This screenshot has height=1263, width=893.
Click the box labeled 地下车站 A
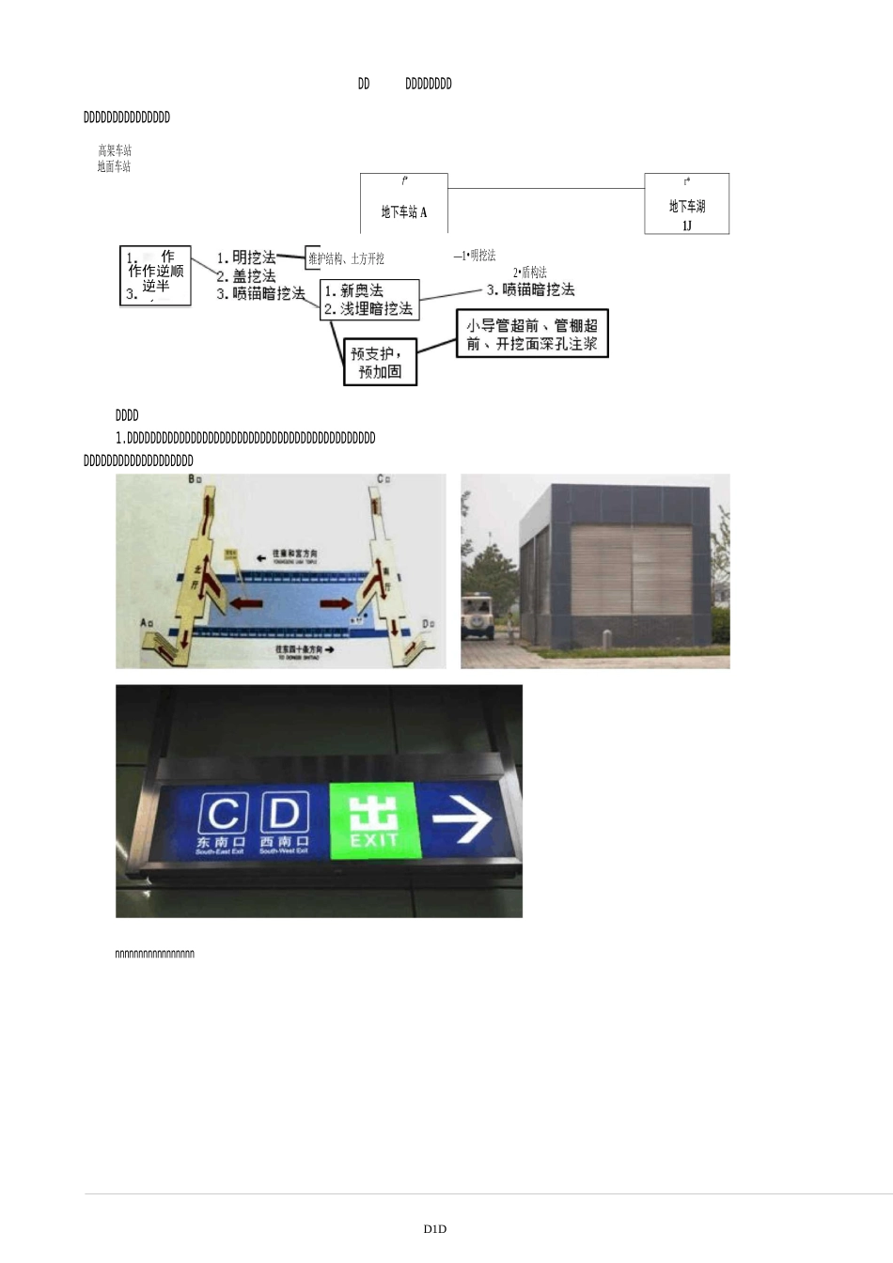tap(404, 203)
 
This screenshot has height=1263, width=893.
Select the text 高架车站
tap(115, 150)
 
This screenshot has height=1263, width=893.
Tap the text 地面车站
tap(114, 166)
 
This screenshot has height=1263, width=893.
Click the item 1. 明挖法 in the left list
tap(246, 257)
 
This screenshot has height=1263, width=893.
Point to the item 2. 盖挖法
tap(246, 275)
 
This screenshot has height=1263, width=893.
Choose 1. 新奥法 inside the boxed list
tap(354, 291)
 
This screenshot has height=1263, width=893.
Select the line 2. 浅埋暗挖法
tap(368, 308)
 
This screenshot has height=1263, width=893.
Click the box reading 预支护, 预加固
tap(380, 363)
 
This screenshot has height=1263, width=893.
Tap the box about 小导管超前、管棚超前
tap(532, 334)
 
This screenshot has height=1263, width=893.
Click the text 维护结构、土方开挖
tap(346, 258)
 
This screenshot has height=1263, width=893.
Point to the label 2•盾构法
tap(530, 273)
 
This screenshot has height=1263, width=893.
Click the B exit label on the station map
tap(196, 480)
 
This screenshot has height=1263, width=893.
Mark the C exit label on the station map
tap(383, 479)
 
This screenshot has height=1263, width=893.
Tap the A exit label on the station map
tap(146, 623)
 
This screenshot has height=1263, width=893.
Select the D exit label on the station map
tap(428, 623)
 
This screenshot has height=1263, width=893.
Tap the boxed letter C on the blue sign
tap(223, 813)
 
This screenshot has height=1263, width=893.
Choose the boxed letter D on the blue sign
tap(284, 813)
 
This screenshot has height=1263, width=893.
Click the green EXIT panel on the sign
tap(373, 819)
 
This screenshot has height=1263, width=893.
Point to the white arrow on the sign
tap(462, 819)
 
